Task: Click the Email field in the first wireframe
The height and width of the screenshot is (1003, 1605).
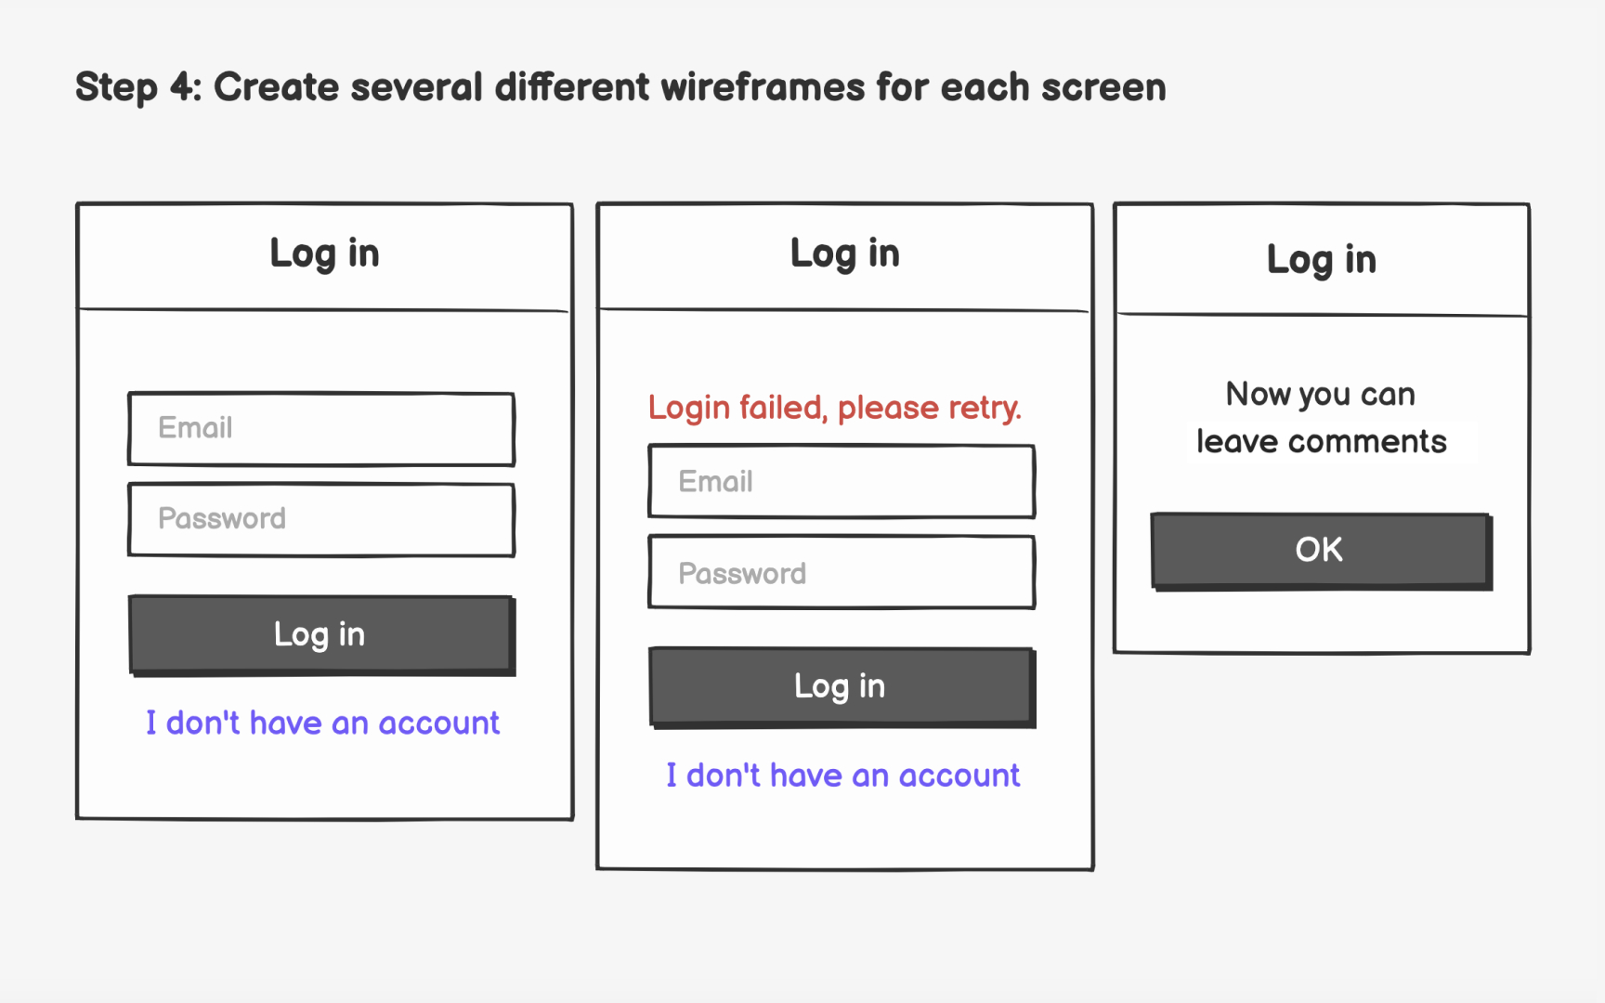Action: pyautogui.click(x=321, y=428)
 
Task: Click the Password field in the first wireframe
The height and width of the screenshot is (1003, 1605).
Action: pyautogui.click(x=321, y=519)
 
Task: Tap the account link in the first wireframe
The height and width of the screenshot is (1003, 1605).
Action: pyautogui.click(x=322, y=723)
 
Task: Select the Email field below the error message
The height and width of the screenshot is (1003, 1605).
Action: pyautogui.click(x=842, y=481)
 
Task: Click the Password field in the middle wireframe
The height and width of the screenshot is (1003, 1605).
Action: pyautogui.click(x=842, y=572)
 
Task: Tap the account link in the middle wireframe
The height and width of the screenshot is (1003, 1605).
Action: pyautogui.click(x=842, y=775)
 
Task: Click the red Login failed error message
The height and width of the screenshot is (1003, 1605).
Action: pyautogui.click(x=834, y=408)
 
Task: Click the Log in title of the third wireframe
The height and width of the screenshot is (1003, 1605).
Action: pyautogui.click(x=1321, y=260)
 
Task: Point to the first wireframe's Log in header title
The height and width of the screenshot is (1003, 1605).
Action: pyautogui.click(x=324, y=254)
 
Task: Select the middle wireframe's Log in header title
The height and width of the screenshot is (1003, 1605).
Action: pyautogui.click(x=844, y=254)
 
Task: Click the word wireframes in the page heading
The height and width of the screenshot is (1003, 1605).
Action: pyautogui.click(x=763, y=87)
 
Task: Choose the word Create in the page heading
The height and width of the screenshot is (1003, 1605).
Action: pyautogui.click(x=276, y=87)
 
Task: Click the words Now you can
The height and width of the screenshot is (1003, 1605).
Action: pyautogui.click(x=1320, y=394)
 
